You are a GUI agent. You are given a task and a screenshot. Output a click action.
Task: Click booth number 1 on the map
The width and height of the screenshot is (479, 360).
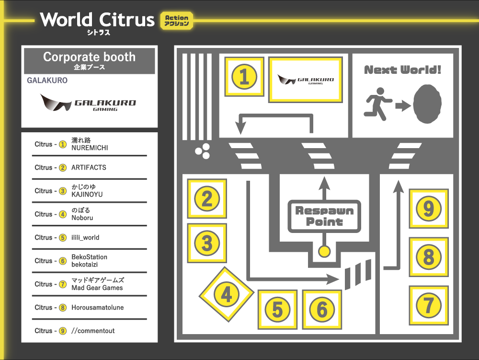[244, 77]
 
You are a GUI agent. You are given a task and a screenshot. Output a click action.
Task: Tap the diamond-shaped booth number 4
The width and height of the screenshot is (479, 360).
[226, 294]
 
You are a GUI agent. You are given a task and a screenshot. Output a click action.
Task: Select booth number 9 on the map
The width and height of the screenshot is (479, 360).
[429, 209]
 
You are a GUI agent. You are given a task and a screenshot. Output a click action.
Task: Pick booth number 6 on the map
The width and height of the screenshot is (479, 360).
[322, 310]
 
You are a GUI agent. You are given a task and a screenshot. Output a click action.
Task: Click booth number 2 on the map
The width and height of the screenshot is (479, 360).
[207, 198]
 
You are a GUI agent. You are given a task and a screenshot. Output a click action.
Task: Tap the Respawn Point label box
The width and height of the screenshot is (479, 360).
[324, 217]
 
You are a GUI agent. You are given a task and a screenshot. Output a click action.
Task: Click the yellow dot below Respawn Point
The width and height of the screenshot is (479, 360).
[324, 251]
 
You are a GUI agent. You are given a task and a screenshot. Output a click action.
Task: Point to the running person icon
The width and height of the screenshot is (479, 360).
[378, 102]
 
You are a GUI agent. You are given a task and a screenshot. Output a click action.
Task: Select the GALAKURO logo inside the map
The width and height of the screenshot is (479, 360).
[306, 80]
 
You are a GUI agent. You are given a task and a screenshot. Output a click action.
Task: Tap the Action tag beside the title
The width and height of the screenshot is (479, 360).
[177, 20]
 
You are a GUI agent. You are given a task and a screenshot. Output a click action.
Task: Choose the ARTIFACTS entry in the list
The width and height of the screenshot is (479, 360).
[89, 168]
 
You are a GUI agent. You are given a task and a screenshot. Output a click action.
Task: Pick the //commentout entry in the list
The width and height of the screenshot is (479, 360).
[93, 331]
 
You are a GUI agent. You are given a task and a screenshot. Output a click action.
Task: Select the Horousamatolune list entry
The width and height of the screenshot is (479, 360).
[97, 307]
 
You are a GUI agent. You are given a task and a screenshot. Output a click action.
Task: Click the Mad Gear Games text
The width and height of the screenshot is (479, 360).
[97, 288]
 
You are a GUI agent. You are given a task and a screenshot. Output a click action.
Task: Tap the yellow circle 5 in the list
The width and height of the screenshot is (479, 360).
[63, 238]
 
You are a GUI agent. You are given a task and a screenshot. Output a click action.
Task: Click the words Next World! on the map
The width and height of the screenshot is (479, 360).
[402, 70]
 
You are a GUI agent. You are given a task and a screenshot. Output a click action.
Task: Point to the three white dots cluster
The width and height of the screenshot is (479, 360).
[203, 151]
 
